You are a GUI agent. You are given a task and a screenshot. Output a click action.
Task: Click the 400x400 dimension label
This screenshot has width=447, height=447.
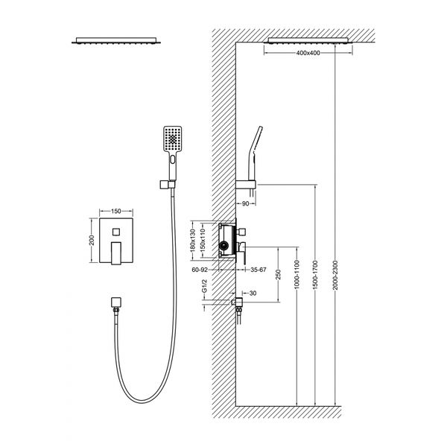pyautogui.click(x=308, y=53)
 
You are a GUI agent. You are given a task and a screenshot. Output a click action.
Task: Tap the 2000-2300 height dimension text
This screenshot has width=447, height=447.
pyautogui.click(x=335, y=275)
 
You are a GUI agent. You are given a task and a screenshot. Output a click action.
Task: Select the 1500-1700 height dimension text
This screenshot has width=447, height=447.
pyautogui.click(x=315, y=275)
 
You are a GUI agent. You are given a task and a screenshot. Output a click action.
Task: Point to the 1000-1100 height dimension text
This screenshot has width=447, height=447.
pyautogui.click(x=297, y=274)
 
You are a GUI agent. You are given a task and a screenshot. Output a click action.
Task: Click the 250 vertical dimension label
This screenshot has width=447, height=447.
pyautogui.click(x=279, y=274)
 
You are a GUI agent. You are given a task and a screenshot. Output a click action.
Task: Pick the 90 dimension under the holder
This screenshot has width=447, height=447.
pyautogui.click(x=245, y=203)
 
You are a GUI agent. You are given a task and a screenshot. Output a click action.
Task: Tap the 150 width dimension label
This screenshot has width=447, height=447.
pyautogui.click(x=116, y=212)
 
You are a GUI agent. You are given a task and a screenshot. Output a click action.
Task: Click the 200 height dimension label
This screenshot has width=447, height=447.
pyautogui.click(x=92, y=241)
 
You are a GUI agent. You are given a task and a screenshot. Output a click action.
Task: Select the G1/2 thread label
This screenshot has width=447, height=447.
pyautogui.click(x=204, y=286)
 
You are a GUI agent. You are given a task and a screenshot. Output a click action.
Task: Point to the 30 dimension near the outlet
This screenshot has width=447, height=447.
pyautogui.click(x=253, y=293)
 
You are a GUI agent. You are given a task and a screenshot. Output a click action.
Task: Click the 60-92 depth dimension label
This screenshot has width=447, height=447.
pyautogui.click(x=200, y=270)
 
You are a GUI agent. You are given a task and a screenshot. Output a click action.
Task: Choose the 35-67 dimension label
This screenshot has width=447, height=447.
pyautogui.click(x=259, y=270)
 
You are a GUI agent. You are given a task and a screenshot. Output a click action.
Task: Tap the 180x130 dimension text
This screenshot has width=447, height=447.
pyautogui.click(x=192, y=241)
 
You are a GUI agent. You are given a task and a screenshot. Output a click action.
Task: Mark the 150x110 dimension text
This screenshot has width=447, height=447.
pyautogui.click(x=203, y=241)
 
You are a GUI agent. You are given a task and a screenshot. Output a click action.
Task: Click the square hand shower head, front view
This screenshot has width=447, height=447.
pyautogui.click(x=173, y=139)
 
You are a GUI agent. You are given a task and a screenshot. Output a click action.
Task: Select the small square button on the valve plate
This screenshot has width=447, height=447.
pyautogui.click(x=116, y=232)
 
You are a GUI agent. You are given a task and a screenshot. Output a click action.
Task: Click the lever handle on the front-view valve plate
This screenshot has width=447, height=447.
pyautogui.click(x=116, y=253)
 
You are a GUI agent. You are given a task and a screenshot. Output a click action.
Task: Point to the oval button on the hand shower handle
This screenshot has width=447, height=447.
pyautogui.click(x=173, y=159)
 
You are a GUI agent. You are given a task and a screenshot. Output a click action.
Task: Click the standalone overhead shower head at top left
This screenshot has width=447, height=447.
pyautogui.click(x=116, y=40)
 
